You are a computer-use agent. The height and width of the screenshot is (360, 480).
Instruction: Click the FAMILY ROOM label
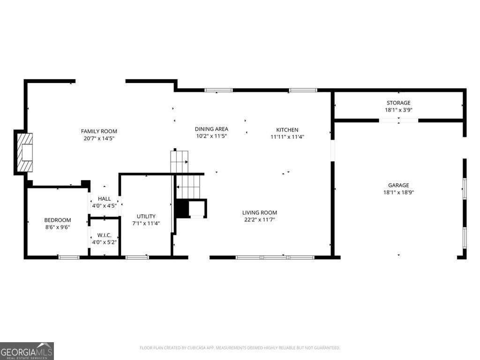pos(99,131)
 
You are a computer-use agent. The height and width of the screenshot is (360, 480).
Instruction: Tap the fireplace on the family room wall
pos(24,152)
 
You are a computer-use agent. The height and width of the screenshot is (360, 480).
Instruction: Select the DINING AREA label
pos(211,129)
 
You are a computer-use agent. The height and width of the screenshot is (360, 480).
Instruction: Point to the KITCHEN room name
pos(287,130)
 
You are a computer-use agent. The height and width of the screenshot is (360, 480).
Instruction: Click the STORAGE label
pos(398,103)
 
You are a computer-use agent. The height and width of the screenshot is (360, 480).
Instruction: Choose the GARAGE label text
pos(398,185)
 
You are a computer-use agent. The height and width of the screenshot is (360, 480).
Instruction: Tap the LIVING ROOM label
pos(260,212)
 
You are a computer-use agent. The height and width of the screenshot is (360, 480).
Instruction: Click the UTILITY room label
pos(146,216)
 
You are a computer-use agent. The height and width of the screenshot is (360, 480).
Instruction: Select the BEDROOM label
pos(58,220)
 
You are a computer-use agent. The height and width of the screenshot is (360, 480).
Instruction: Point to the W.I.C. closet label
pos(105,235)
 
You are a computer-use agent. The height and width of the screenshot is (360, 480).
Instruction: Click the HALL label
pos(105,199)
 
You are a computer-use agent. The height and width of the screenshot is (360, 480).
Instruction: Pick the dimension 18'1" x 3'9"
pos(398,110)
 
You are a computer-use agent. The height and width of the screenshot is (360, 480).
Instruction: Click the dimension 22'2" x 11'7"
pos(260,219)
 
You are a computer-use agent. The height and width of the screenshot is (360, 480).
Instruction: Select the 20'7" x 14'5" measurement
pos(99,138)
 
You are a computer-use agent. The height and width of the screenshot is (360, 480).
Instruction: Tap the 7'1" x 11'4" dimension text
pos(146,224)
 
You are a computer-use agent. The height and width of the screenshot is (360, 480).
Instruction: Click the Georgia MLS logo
pos(27,351)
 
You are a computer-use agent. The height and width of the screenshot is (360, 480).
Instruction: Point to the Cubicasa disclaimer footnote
pos(240,348)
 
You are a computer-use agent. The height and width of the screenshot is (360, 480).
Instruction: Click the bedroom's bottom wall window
pos(69,257)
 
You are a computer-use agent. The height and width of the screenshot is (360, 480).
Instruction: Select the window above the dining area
pos(218,90)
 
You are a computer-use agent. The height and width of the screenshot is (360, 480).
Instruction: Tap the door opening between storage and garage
pos(398,120)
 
